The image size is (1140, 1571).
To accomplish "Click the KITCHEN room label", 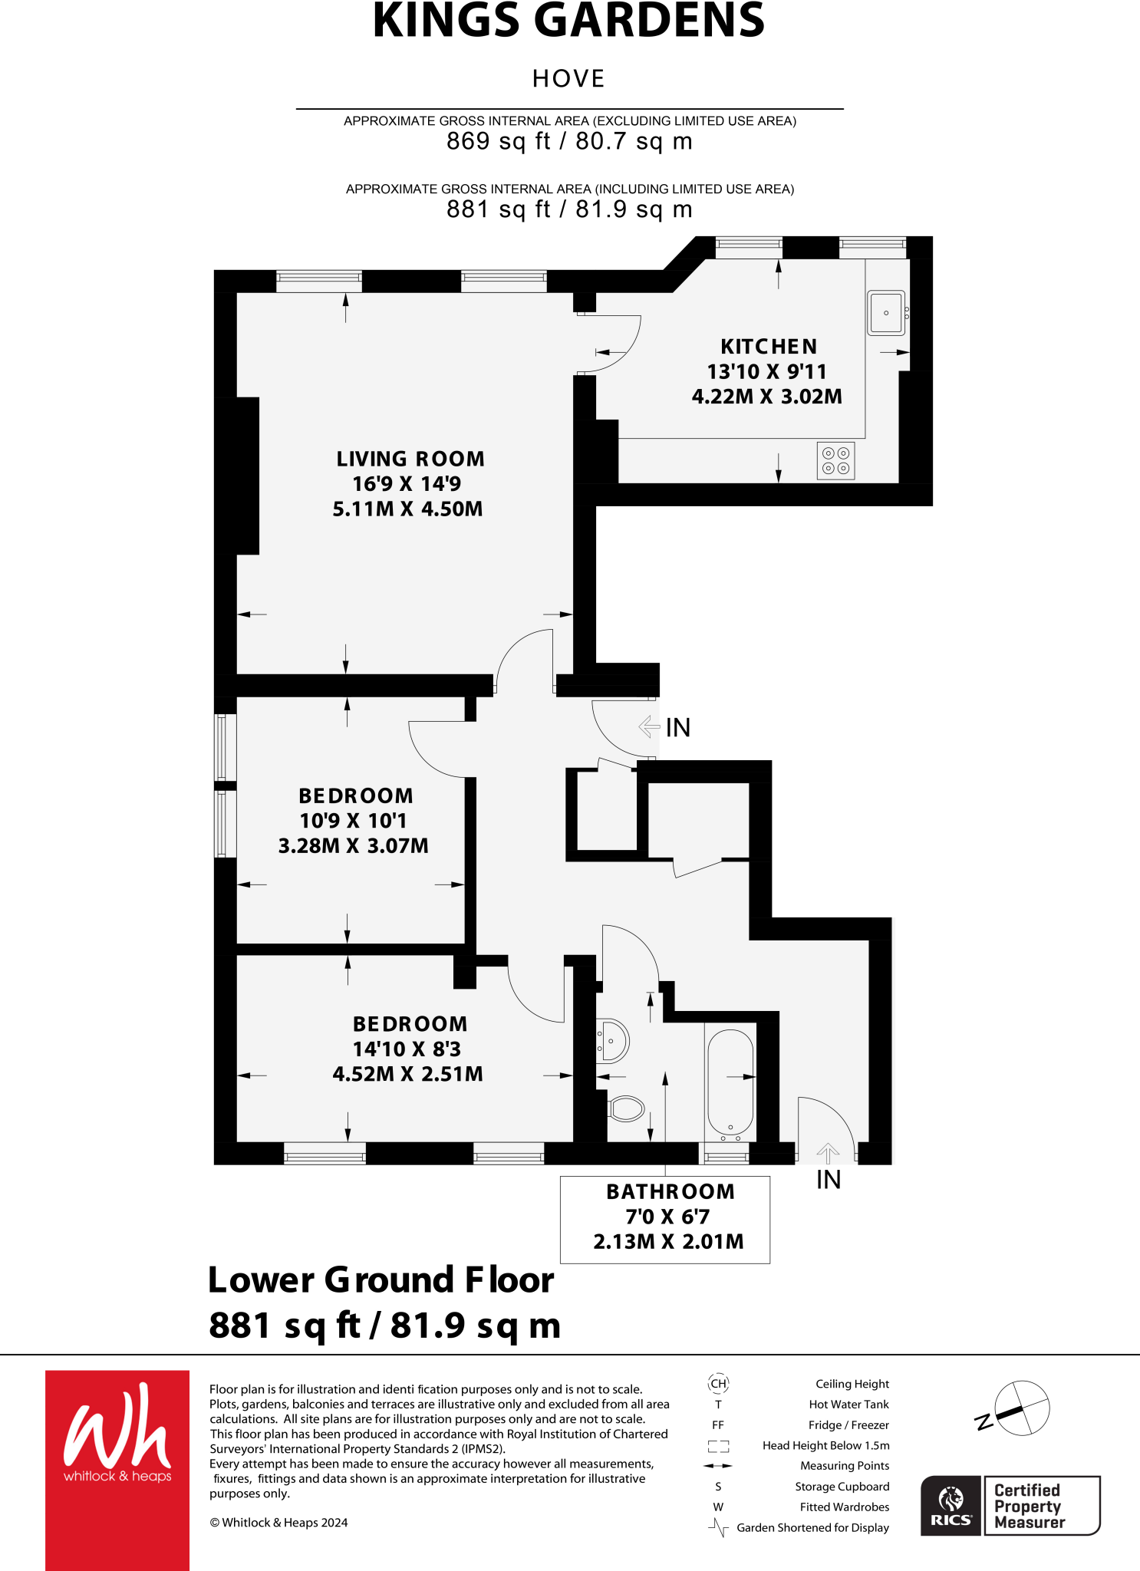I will (x=769, y=347).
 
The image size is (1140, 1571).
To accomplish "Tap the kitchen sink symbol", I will (x=886, y=313).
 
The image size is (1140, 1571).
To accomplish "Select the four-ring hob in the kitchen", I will (x=835, y=461).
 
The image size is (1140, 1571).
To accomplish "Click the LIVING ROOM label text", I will (x=410, y=459).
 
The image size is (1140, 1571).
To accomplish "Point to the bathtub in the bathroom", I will (x=730, y=1082).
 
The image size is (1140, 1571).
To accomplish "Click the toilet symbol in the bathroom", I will (x=627, y=1108).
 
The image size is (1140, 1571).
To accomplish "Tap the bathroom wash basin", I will (x=613, y=1041).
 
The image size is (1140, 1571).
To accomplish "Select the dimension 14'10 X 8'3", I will (x=407, y=1049).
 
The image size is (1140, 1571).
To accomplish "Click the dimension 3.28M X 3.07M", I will (x=353, y=846).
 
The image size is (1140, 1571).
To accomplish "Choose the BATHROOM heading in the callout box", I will (x=670, y=1192).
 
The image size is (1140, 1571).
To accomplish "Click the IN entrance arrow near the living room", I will (x=649, y=726).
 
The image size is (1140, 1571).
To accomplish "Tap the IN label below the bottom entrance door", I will (x=829, y=1180).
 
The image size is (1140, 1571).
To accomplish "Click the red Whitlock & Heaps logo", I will (x=117, y=1468).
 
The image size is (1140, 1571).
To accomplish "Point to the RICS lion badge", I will (x=951, y=1505).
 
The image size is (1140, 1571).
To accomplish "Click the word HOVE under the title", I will (x=568, y=79).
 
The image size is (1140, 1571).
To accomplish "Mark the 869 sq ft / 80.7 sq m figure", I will (x=569, y=141).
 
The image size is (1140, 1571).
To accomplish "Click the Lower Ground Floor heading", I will (x=381, y=1280).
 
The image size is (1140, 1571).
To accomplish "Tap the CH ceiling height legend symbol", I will (x=718, y=1384).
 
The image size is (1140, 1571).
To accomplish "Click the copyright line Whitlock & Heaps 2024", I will (x=278, y=1523).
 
